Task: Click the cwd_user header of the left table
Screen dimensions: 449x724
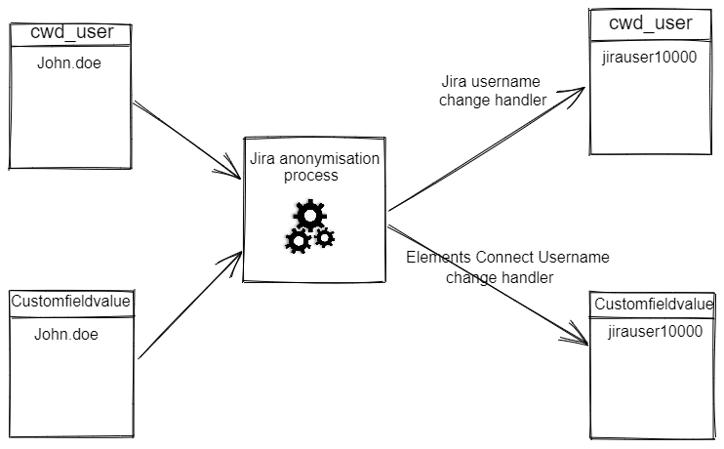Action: click(x=72, y=32)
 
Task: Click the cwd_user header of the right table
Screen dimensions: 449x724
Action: click(x=650, y=22)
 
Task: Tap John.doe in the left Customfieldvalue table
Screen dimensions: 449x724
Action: click(x=67, y=335)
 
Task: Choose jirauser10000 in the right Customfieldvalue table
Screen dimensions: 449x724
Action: click(x=655, y=332)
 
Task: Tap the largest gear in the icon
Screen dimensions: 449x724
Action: click(x=310, y=214)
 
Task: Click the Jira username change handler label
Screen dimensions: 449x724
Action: click(x=492, y=90)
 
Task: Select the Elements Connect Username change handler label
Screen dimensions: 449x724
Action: click(x=506, y=266)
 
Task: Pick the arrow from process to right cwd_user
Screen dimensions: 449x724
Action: click(x=488, y=146)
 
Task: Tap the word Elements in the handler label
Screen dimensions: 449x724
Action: click(x=436, y=258)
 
